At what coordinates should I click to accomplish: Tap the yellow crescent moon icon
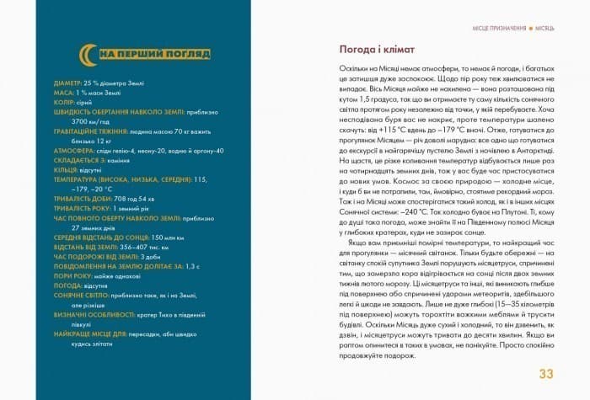pyautogui.click(x=87, y=56)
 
